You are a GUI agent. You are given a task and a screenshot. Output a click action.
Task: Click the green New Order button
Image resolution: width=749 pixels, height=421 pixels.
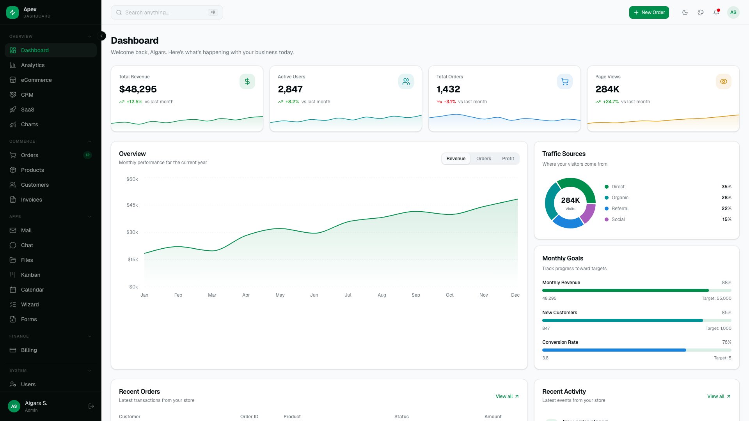649,12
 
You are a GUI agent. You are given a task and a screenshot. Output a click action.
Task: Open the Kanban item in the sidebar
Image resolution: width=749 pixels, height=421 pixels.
30,275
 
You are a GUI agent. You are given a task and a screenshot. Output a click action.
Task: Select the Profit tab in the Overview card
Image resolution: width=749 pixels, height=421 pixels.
508,159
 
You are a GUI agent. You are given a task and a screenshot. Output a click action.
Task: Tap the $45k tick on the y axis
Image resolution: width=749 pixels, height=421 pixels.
132,205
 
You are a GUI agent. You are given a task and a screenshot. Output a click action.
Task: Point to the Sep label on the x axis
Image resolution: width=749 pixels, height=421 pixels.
415,295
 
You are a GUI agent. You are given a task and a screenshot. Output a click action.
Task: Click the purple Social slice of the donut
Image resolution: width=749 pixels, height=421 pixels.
588,213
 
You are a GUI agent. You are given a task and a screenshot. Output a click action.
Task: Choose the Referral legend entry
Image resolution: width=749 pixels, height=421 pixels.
620,209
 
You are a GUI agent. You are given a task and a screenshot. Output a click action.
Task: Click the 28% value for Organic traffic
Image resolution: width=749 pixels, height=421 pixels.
726,198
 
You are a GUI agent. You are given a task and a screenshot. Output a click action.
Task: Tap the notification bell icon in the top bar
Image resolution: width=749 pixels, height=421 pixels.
716,12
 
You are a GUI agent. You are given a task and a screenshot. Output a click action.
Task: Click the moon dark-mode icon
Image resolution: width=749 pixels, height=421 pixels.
685,12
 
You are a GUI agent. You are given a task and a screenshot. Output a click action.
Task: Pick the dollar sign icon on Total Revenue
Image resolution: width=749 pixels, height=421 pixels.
247,81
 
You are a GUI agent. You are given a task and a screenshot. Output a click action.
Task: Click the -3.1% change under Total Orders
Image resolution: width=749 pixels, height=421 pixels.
450,102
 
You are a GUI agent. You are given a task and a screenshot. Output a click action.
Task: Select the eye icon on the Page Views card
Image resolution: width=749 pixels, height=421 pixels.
723,81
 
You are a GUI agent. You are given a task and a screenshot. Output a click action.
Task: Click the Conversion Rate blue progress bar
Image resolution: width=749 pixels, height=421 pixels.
614,350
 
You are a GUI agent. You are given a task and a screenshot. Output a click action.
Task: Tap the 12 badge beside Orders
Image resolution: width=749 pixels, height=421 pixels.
87,155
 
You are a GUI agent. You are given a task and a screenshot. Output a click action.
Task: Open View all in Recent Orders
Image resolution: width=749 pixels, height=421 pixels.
507,396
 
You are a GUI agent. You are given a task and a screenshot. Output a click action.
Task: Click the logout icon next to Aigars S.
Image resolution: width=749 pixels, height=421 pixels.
91,406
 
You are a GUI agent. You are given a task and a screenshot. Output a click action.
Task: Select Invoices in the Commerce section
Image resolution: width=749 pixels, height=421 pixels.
31,200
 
